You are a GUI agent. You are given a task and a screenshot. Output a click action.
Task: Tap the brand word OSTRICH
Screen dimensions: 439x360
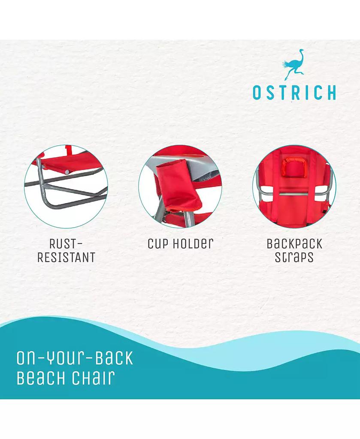point(294,93)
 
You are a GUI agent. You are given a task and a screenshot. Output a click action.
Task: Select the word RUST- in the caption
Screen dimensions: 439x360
point(66,244)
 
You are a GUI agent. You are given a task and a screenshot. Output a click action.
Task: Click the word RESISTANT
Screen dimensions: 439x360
point(66,257)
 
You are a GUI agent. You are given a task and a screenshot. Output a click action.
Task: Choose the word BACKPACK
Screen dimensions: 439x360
point(294,244)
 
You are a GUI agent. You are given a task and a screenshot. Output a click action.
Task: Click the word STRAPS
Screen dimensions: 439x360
point(294,258)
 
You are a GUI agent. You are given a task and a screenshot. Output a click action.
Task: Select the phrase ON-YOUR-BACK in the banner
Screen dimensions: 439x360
point(75,358)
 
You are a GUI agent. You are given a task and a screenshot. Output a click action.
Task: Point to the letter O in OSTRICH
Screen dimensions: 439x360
point(257,93)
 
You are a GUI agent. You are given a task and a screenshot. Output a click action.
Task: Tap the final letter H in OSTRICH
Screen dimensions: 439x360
point(331,93)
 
